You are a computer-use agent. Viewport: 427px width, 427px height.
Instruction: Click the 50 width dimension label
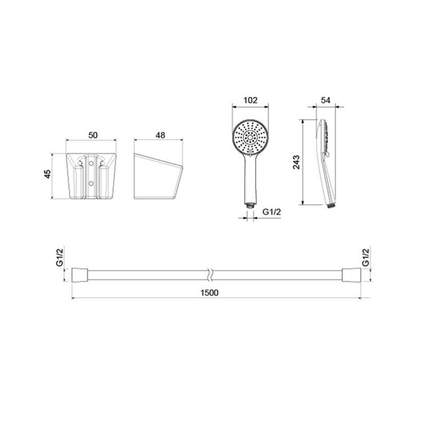click(x=93, y=135)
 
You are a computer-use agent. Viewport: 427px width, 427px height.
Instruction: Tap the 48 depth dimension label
click(x=160, y=135)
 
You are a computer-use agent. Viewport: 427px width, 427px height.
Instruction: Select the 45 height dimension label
click(x=48, y=174)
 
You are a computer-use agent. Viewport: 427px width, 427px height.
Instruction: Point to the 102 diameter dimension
click(x=250, y=100)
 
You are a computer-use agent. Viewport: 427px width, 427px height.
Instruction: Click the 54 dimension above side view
click(x=325, y=100)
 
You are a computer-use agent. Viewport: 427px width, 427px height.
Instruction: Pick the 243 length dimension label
click(x=296, y=162)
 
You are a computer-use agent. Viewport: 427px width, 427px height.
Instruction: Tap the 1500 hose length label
click(x=209, y=293)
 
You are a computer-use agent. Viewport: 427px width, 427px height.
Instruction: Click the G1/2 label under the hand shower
click(x=271, y=212)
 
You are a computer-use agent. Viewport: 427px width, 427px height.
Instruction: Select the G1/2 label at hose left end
click(x=60, y=257)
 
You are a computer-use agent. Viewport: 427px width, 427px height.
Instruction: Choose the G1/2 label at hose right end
click(x=366, y=257)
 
